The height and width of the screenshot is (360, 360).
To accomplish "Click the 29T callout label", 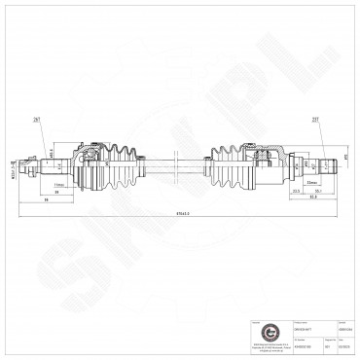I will (36, 120).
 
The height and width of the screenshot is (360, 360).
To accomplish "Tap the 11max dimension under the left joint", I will (59, 183).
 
